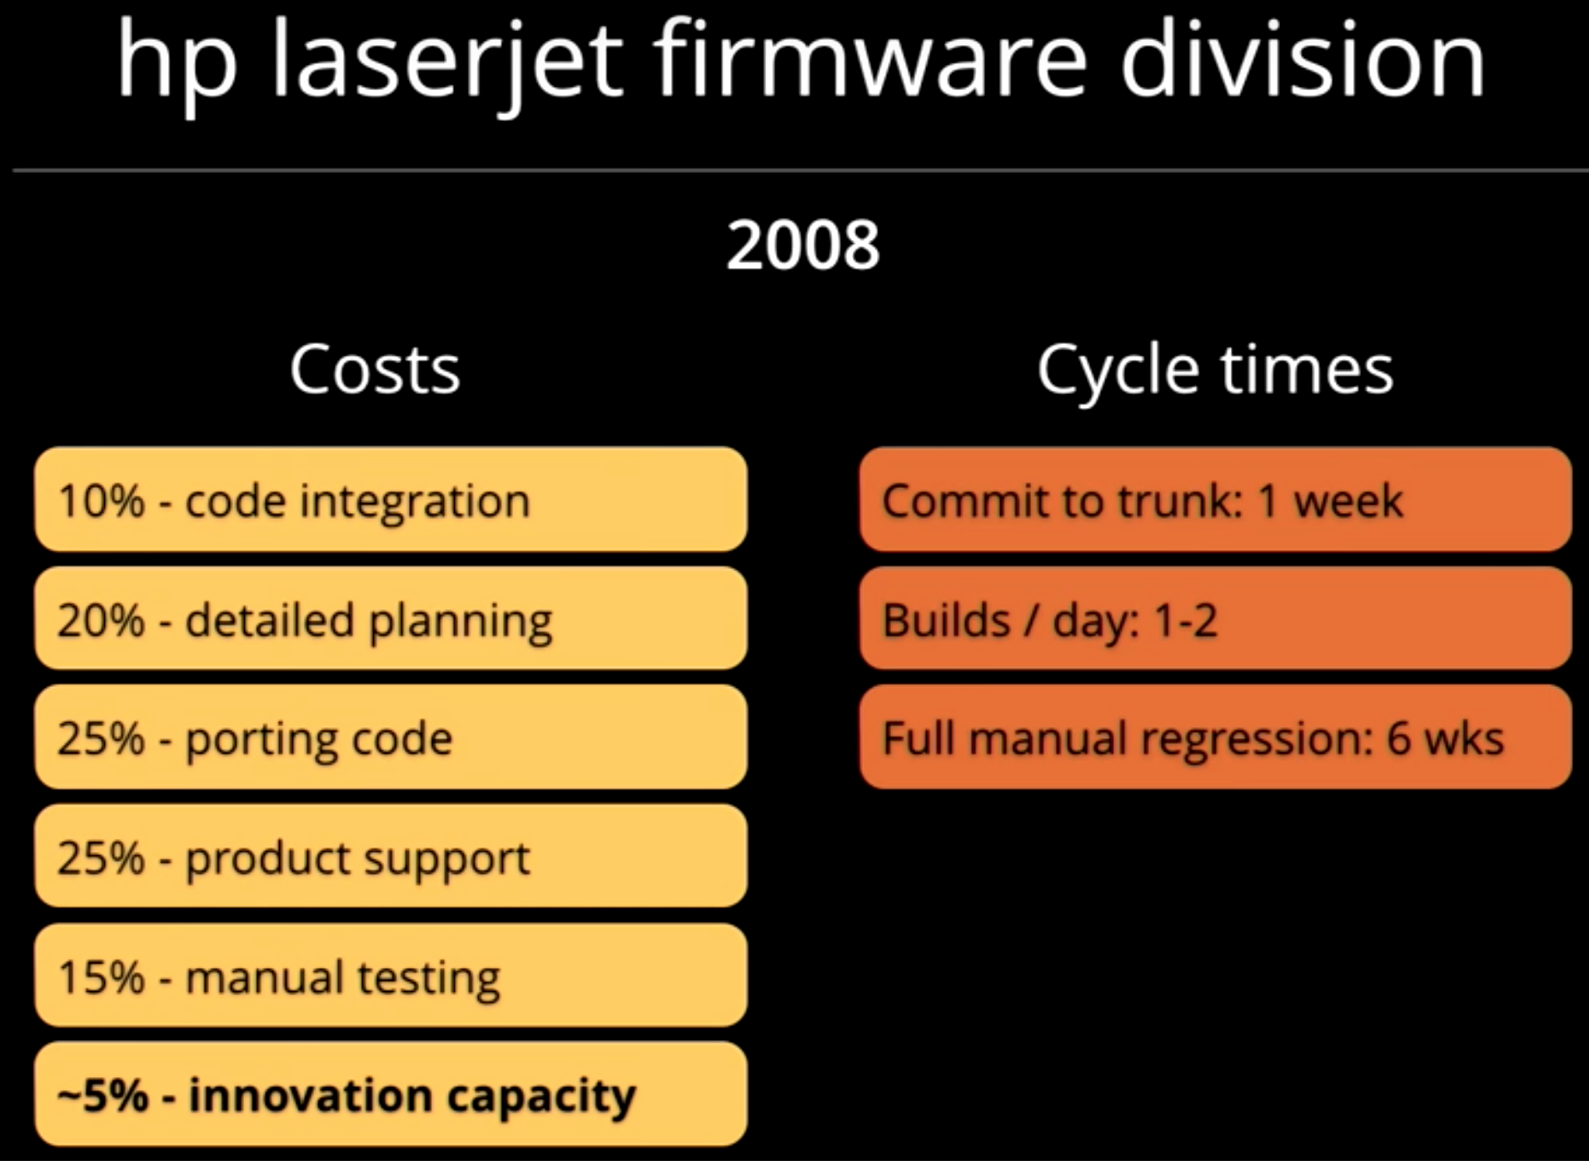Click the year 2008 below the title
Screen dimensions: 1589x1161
[803, 245]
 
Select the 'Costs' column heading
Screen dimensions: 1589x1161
[375, 369]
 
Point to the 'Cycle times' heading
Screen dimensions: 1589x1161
[1215, 371]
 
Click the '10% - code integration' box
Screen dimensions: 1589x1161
[391, 500]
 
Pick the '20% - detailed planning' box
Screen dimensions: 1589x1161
[391, 619]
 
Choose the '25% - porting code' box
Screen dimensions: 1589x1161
[391, 737]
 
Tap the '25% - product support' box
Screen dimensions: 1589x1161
[391, 856]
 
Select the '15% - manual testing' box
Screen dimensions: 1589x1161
[391, 975]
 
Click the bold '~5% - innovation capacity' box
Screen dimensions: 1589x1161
[391, 1094]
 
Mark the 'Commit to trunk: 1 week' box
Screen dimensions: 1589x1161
[1215, 500]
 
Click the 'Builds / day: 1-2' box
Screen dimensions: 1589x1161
[1215, 619]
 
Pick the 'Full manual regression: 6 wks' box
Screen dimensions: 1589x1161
[1215, 737]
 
